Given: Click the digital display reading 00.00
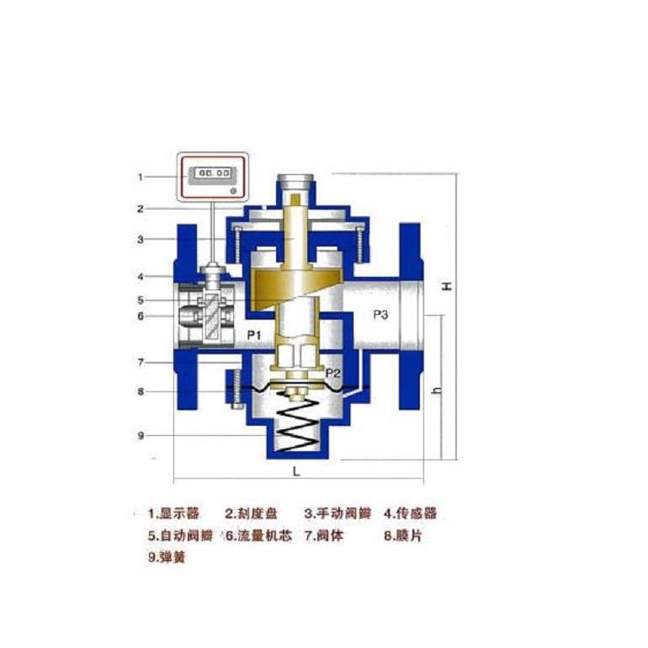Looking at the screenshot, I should [210, 173].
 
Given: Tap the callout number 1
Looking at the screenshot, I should [141, 177].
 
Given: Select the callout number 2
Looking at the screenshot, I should [141, 208].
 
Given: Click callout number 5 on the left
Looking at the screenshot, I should [141, 300].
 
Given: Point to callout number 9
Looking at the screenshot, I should [141, 435].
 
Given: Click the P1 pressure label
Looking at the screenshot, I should [254, 336].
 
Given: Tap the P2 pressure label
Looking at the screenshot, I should [334, 372].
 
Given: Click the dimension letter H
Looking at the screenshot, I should [448, 286].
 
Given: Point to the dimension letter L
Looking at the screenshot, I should [296, 471].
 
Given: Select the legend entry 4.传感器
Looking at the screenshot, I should [411, 513].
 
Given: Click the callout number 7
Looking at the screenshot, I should [141, 362].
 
